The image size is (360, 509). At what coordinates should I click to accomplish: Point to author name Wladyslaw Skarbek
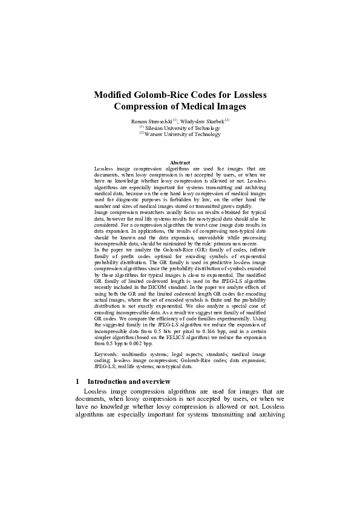(203, 122)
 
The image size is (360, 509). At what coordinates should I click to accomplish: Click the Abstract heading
(180, 163)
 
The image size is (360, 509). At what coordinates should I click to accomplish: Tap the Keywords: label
(108, 354)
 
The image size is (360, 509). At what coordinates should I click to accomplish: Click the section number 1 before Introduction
(77, 381)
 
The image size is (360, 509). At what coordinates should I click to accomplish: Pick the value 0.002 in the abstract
(127, 343)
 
